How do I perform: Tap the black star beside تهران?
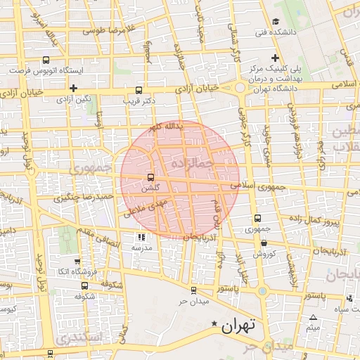click(214, 323)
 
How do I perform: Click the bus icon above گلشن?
click(150, 177)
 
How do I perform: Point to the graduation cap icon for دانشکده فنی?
click(276, 21)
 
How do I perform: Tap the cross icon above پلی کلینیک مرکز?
click(276, 58)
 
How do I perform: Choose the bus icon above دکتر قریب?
click(139, 91)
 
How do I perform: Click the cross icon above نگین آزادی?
click(74, 88)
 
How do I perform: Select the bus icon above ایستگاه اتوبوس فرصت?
click(46, 60)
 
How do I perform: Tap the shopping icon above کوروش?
click(262, 243)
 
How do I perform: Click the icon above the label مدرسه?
click(139, 238)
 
